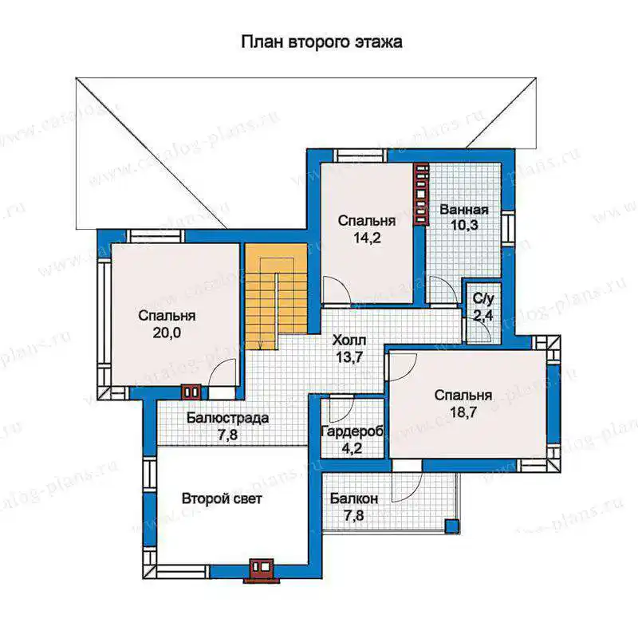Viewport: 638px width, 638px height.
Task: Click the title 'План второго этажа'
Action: (x=322, y=42)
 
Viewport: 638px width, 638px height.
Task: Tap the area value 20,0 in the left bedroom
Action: (x=167, y=333)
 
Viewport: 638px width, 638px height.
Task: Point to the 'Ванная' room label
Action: (x=464, y=210)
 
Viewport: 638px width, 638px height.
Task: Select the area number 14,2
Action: (x=367, y=238)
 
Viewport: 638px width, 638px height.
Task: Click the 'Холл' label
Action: (x=349, y=340)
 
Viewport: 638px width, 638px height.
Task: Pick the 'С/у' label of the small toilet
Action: (x=483, y=299)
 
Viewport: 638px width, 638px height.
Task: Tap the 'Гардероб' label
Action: (x=352, y=431)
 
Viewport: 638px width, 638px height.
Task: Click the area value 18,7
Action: (x=463, y=412)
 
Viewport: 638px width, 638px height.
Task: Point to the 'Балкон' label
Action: (x=354, y=498)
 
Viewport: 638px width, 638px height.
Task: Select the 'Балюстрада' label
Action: (x=228, y=418)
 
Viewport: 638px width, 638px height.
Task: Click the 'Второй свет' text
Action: (x=222, y=498)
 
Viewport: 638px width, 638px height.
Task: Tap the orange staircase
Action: (x=276, y=296)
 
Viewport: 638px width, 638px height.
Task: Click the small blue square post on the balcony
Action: (x=451, y=526)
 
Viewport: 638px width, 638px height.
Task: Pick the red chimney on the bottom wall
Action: (x=262, y=570)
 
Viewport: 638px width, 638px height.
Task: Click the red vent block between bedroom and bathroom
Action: (x=422, y=194)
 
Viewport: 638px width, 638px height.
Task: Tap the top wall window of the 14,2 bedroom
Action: (x=360, y=156)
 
